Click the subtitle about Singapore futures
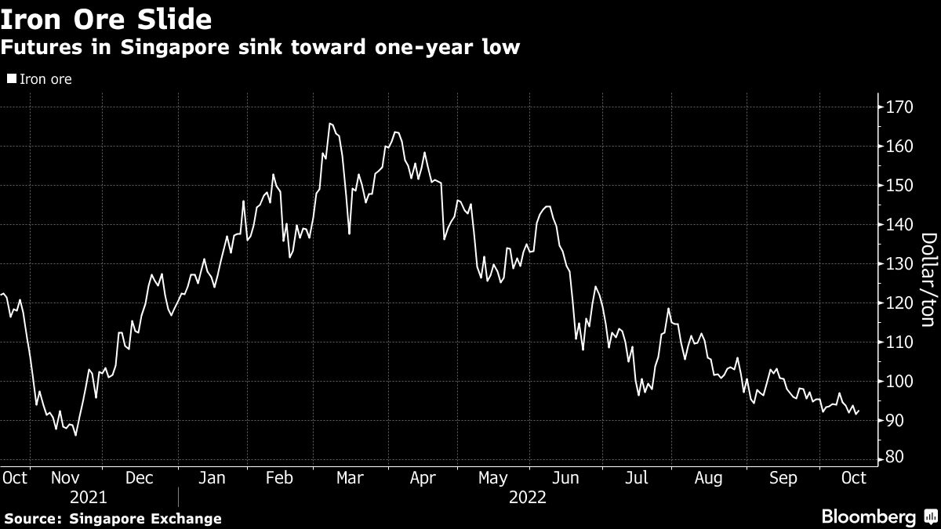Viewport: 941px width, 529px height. [x=260, y=48]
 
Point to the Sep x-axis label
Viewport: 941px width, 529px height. [x=782, y=477]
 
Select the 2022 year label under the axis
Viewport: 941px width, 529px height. [x=529, y=497]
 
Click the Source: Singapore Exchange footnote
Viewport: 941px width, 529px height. [x=112, y=519]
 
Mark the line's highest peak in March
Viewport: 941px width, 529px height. [x=330, y=124]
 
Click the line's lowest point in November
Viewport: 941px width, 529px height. [x=75, y=435]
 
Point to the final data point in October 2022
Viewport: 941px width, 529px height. [x=859, y=410]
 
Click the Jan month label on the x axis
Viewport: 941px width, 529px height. [x=213, y=477]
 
